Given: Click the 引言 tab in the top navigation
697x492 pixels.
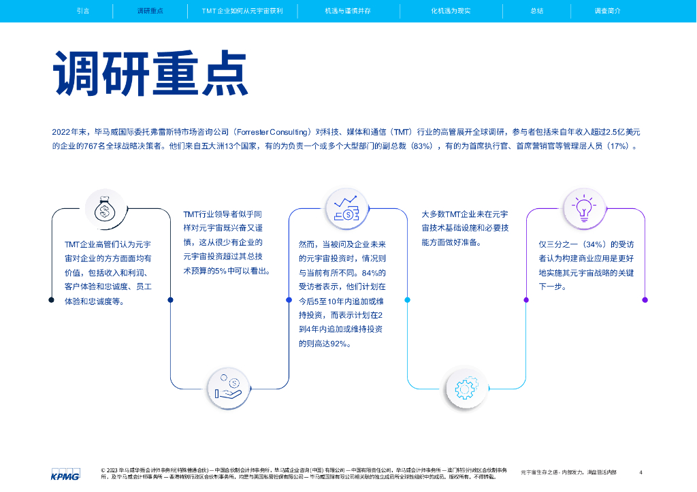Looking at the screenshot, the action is [83, 12].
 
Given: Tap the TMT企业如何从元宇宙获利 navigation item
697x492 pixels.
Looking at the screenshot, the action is [242, 12].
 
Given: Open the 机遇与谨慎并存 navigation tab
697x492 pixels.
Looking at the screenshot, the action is [348, 12].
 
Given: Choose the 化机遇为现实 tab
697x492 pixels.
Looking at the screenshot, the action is [451, 12].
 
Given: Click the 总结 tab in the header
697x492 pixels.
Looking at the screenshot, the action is [536, 12].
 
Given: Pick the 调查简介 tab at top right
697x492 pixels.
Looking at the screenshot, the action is [607, 12].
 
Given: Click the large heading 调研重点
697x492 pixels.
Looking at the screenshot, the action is [150, 73].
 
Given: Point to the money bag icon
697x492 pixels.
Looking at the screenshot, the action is [105, 209].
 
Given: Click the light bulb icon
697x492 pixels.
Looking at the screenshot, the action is [583, 209].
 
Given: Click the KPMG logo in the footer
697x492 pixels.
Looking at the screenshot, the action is [65, 474].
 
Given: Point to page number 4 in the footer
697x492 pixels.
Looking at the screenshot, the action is [641, 472].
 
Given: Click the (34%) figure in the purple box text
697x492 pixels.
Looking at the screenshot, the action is [593, 244].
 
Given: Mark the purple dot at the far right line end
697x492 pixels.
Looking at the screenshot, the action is [645, 299].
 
